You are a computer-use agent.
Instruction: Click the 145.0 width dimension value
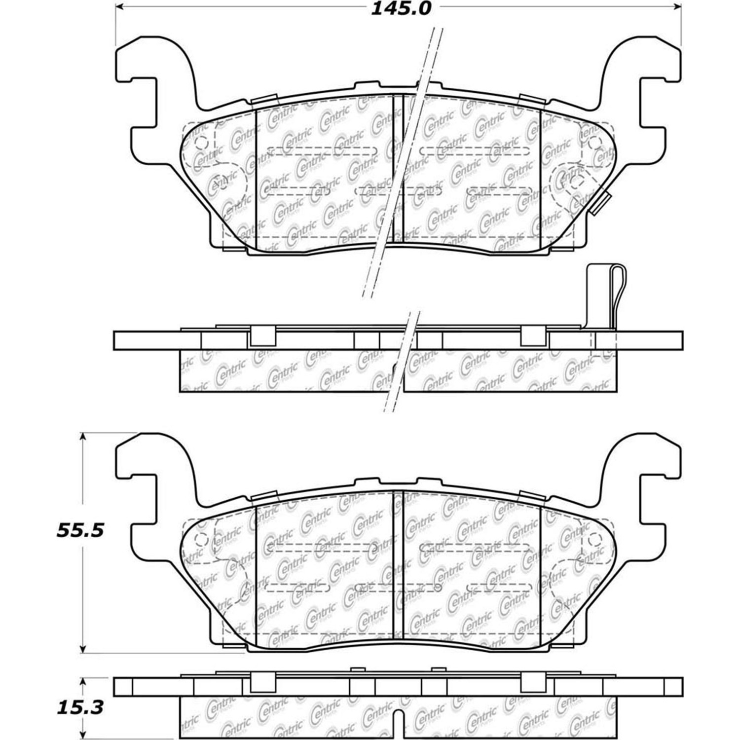401,8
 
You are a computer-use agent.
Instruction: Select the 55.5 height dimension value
80,531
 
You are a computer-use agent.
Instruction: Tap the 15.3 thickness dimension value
80,708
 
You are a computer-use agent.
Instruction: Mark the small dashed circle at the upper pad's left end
201,143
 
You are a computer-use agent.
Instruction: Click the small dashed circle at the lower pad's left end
201,539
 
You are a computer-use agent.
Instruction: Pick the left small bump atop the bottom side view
358,669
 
